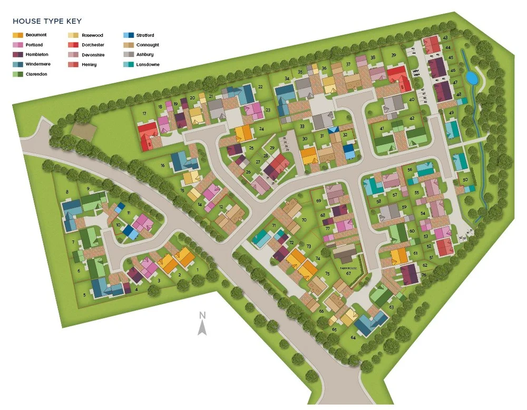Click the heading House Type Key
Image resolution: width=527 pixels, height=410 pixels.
click(47, 22)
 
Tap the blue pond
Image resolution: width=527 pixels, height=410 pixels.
click(472, 79)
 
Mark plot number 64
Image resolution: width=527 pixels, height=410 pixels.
click(353, 337)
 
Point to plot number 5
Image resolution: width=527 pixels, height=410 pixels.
click(84, 295)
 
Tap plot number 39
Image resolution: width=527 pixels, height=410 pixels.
click(393, 55)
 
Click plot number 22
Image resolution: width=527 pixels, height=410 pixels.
click(260, 87)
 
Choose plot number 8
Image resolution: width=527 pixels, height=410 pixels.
click(67, 192)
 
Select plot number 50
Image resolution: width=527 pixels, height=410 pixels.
click(465, 180)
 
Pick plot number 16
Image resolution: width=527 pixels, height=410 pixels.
click(163, 165)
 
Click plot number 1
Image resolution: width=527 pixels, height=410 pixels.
click(198, 270)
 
